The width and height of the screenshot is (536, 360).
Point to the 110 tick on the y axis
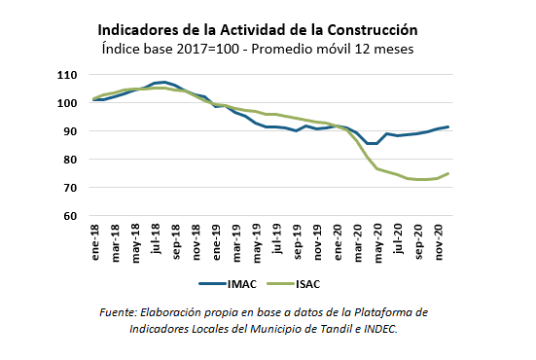[67, 75]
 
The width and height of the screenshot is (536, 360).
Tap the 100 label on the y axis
[67, 103]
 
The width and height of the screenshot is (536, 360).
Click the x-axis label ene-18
[95, 243]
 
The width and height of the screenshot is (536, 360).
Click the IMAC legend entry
[231, 284]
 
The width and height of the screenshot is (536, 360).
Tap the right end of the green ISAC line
[447, 173]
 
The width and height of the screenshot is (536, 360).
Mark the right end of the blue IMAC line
[447, 127]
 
